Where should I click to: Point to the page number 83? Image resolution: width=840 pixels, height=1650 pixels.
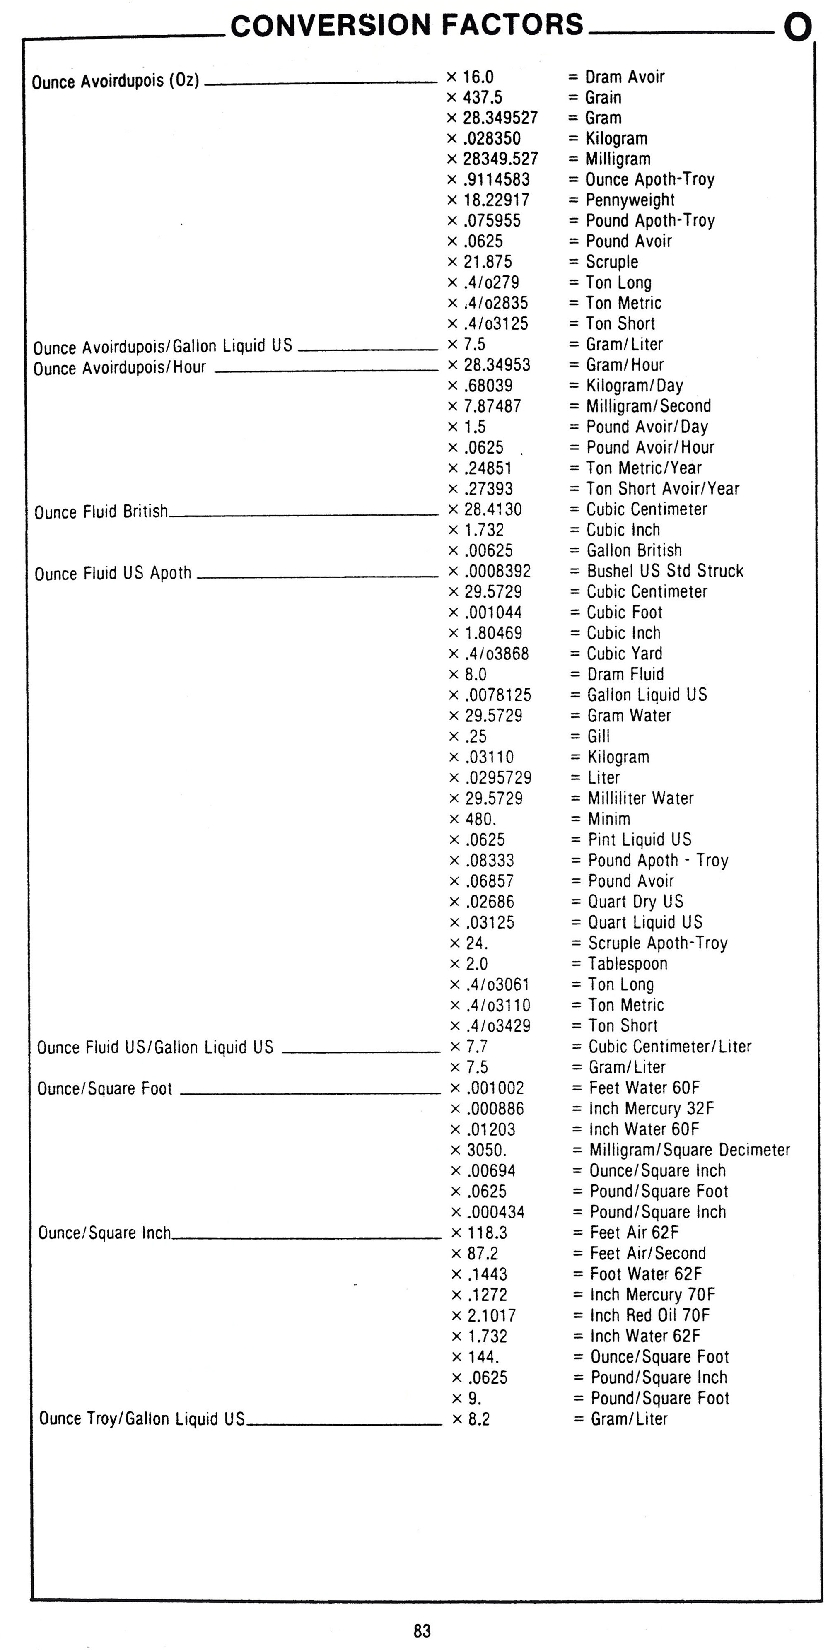click(422, 1630)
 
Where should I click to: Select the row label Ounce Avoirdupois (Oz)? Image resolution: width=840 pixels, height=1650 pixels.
click(115, 81)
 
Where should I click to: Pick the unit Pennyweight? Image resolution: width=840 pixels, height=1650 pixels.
click(630, 200)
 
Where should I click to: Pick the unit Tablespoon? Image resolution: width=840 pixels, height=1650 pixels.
click(627, 963)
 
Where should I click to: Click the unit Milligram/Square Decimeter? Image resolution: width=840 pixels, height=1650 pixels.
click(689, 1150)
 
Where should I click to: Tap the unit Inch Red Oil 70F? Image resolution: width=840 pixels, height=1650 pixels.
click(650, 1315)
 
